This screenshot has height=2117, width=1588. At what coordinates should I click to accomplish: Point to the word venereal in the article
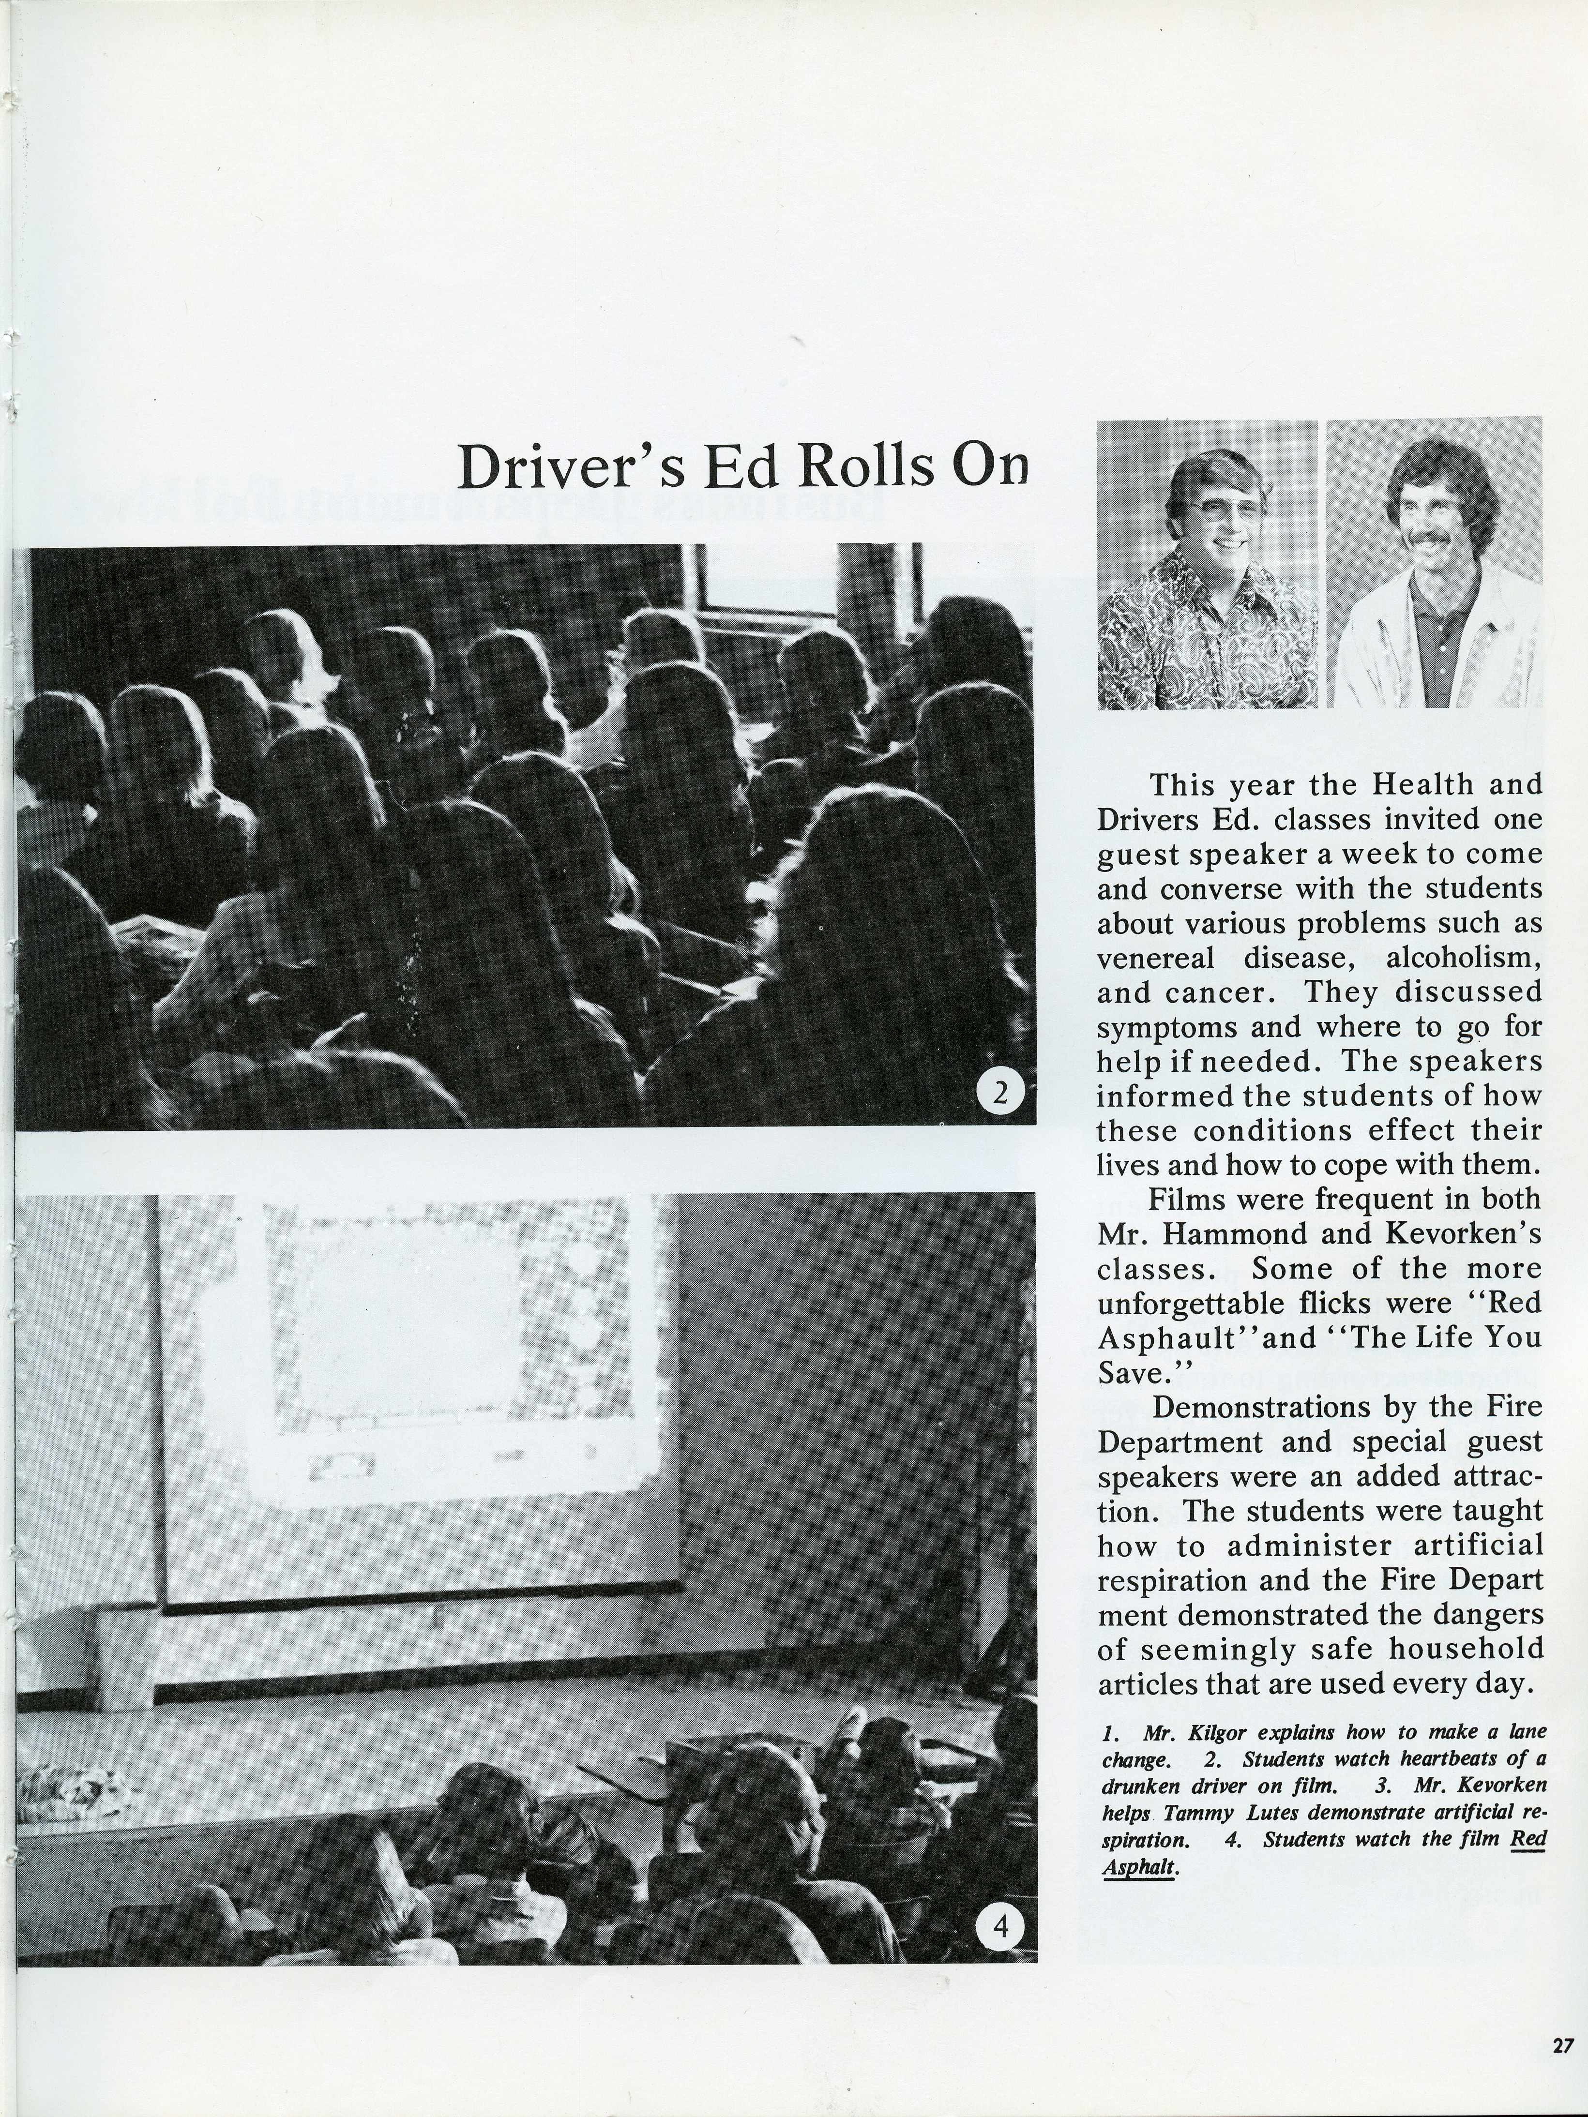point(1155,958)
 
